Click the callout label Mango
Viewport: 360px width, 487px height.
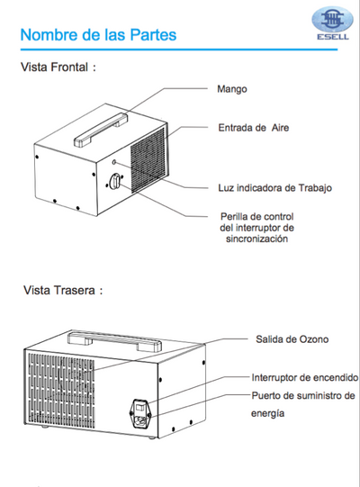click(x=231, y=89)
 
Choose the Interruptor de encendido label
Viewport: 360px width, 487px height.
click(x=304, y=378)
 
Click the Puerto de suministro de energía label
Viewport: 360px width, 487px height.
click(x=303, y=404)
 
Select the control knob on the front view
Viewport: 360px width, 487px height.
click(x=115, y=182)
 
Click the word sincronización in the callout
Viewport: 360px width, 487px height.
click(x=256, y=241)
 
